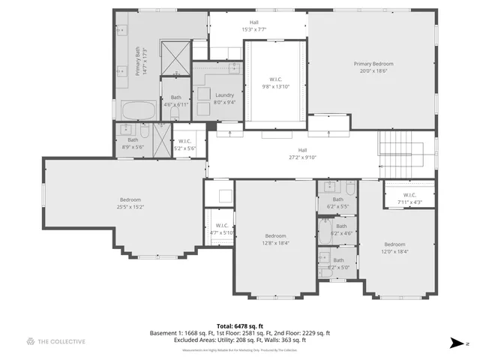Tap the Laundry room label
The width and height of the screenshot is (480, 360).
click(x=224, y=98)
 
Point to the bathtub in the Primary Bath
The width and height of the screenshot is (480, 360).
click(x=138, y=111)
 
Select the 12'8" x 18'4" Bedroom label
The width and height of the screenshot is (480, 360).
click(x=275, y=238)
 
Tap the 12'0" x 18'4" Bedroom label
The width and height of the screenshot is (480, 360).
click(x=394, y=247)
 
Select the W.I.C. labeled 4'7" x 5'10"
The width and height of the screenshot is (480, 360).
click(x=221, y=229)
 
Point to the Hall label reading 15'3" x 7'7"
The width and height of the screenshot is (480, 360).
click(x=254, y=26)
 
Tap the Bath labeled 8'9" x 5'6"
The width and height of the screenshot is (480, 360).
click(x=133, y=142)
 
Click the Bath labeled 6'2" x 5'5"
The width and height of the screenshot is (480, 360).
click(x=338, y=202)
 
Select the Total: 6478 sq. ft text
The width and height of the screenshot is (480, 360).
click(x=239, y=325)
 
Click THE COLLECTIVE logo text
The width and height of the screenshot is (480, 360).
click(x=62, y=342)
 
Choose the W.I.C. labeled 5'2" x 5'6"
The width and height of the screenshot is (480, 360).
click(x=184, y=145)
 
